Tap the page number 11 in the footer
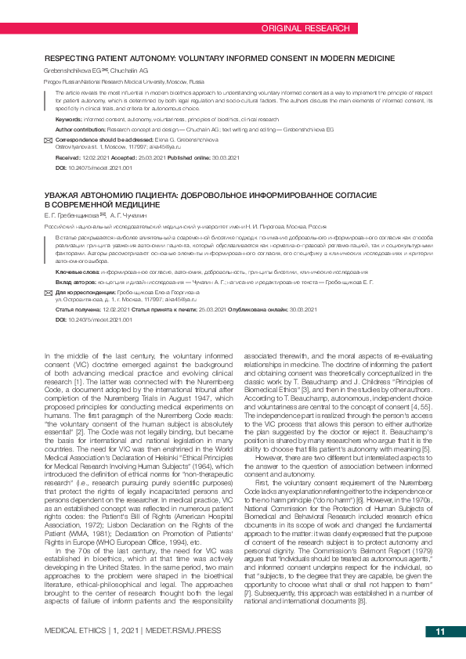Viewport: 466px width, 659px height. click(439, 632)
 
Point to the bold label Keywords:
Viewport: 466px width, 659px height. click(69, 119)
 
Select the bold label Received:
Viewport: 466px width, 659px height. click(68, 157)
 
